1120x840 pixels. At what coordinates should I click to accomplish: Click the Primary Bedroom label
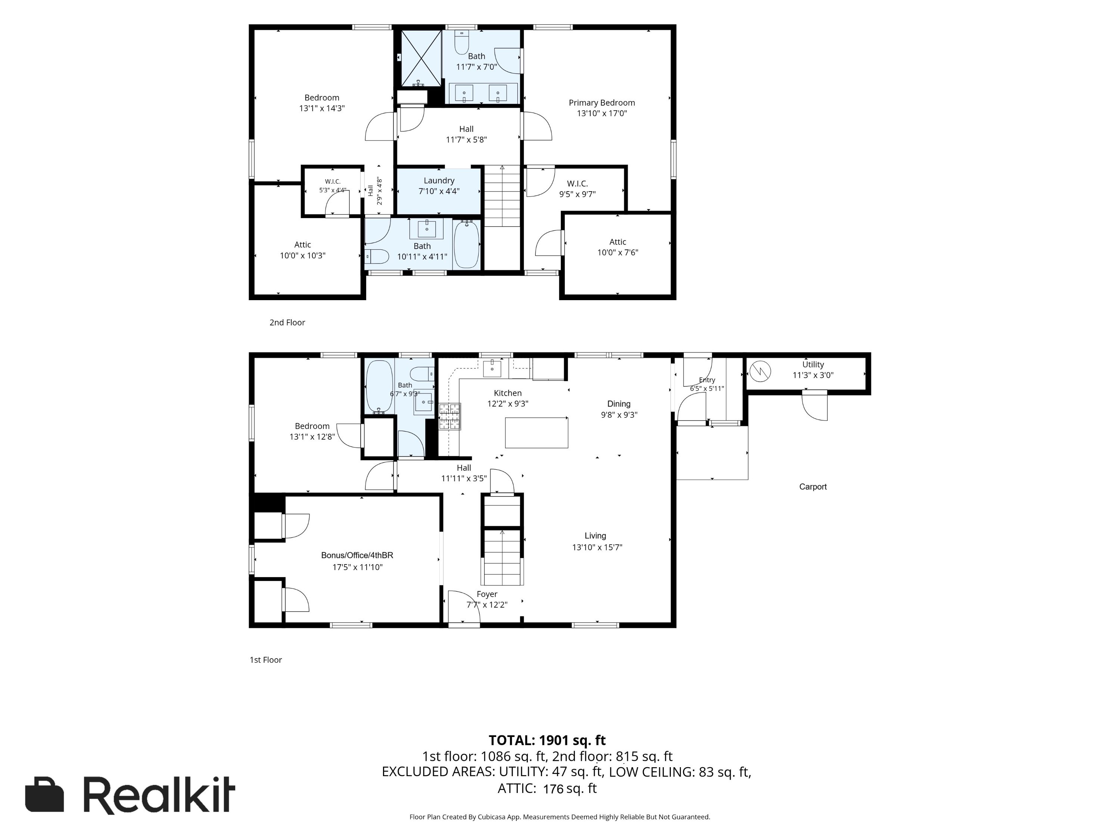[601, 103]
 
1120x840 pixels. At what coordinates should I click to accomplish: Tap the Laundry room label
[439, 181]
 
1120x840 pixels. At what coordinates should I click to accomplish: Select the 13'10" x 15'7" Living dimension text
[597, 547]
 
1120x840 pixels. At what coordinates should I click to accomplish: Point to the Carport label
[813, 486]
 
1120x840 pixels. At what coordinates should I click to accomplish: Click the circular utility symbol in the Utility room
[760, 371]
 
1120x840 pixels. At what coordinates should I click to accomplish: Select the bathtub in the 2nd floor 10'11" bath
[466, 245]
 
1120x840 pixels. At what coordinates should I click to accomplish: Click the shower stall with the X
[421, 58]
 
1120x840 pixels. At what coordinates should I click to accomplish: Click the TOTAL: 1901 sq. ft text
[547, 740]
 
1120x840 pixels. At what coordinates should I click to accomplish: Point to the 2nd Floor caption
[287, 323]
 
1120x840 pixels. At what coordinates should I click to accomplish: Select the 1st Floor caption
[266, 660]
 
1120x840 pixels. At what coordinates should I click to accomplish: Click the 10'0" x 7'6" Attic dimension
[618, 253]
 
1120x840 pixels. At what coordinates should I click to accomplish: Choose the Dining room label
[619, 404]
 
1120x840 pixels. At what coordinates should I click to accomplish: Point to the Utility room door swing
[815, 406]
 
